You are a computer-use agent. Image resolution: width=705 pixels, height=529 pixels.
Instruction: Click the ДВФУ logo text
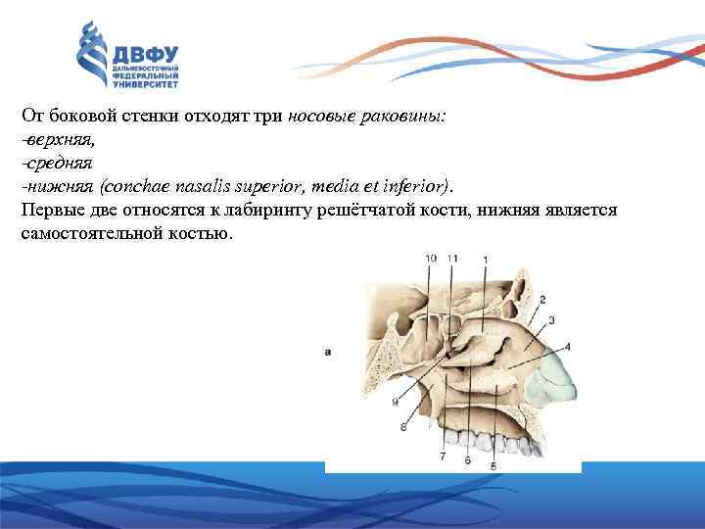pos(148,55)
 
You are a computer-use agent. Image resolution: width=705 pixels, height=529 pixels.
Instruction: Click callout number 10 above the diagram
pos(432,258)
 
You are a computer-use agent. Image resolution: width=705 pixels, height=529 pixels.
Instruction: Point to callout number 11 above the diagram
pos(452,258)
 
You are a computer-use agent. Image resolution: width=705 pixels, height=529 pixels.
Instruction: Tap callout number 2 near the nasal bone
pos(542,299)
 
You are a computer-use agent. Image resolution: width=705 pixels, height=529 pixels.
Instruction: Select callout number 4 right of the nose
pos(568,347)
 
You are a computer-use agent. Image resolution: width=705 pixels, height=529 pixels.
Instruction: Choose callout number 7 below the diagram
pos(443,457)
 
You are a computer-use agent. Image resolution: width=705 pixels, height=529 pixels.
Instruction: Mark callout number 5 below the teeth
pos(493,466)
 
